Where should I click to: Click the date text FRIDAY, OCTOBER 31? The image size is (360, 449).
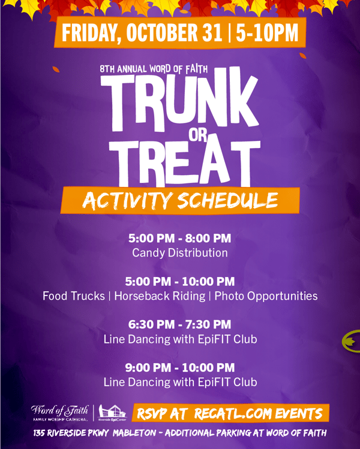tap(141, 33)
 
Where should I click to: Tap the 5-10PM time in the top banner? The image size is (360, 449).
tap(267, 33)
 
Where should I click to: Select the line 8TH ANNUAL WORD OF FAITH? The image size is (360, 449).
tap(150, 69)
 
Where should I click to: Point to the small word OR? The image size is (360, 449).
tap(197, 135)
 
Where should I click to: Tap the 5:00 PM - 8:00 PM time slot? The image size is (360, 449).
tap(179, 239)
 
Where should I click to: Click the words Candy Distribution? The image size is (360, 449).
tap(179, 253)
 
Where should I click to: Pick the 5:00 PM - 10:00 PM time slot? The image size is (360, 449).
tap(179, 281)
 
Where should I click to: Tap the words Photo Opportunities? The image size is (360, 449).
tap(266, 296)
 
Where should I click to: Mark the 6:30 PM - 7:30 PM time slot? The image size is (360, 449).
tap(179, 324)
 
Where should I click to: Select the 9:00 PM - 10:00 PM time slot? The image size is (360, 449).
tap(179, 367)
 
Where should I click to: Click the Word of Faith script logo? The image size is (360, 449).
tap(59, 412)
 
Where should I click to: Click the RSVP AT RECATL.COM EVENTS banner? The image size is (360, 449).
tap(230, 413)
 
